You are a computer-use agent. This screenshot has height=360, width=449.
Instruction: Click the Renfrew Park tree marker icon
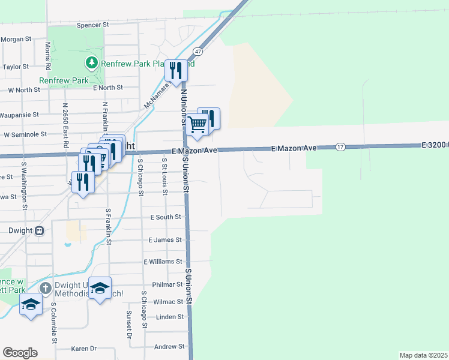[x=91, y=62]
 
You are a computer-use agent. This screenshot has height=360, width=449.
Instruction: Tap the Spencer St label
[x=92, y=25]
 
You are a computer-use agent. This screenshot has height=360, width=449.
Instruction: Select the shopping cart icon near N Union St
[x=197, y=125]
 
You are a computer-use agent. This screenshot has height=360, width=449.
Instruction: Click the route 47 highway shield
[x=197, y=52]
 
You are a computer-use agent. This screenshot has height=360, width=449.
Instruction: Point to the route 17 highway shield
[x=340, y=147]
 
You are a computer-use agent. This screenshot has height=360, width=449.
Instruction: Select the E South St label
[x=166, y=217]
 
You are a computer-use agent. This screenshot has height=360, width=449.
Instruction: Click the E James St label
[x=165, y=240]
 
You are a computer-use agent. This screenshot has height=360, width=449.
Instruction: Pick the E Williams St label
[x=163, y=262]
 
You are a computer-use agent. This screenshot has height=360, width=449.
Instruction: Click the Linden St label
[x=170, y=317]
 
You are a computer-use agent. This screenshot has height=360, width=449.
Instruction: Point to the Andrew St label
[x=169, y=347]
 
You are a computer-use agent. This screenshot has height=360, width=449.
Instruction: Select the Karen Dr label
[x=84, y=349]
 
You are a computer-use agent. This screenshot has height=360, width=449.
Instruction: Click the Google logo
[x=20, y=353]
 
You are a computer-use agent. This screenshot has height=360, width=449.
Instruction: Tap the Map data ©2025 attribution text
[x=423, y=355]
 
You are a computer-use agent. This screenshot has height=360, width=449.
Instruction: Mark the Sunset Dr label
[x=128, y=325]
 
